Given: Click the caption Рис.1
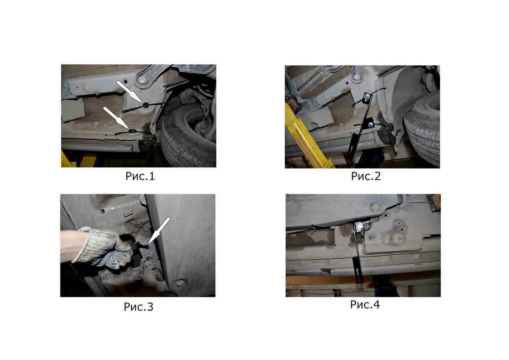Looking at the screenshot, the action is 140,176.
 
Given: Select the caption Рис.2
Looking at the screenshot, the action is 366,176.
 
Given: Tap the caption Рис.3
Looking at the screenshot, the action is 138,307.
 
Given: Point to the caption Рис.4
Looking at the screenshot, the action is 365,304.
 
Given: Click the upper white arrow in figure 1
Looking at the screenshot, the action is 130,92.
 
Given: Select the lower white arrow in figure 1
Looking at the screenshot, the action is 116,118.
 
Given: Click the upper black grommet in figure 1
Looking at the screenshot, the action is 145,105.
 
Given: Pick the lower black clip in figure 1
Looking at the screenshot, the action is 132,131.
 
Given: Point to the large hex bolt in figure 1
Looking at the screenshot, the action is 143,80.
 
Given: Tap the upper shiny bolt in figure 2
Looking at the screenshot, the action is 367,97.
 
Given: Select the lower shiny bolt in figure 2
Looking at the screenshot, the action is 371,124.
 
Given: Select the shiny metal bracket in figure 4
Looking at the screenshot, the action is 360,227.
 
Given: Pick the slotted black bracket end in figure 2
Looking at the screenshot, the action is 352,148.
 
